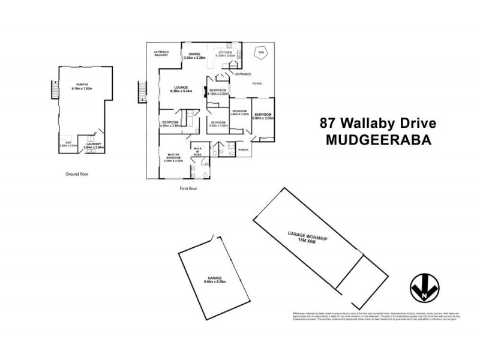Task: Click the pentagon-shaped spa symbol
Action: (260, 53)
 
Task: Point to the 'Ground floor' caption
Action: (77, 174)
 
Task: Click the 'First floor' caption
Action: (188, 188)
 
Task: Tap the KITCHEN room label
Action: (225, 53)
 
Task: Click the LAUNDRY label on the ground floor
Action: (93, 143)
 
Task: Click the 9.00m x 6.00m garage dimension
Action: (214, 282)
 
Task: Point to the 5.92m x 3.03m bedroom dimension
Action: (263, 118)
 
